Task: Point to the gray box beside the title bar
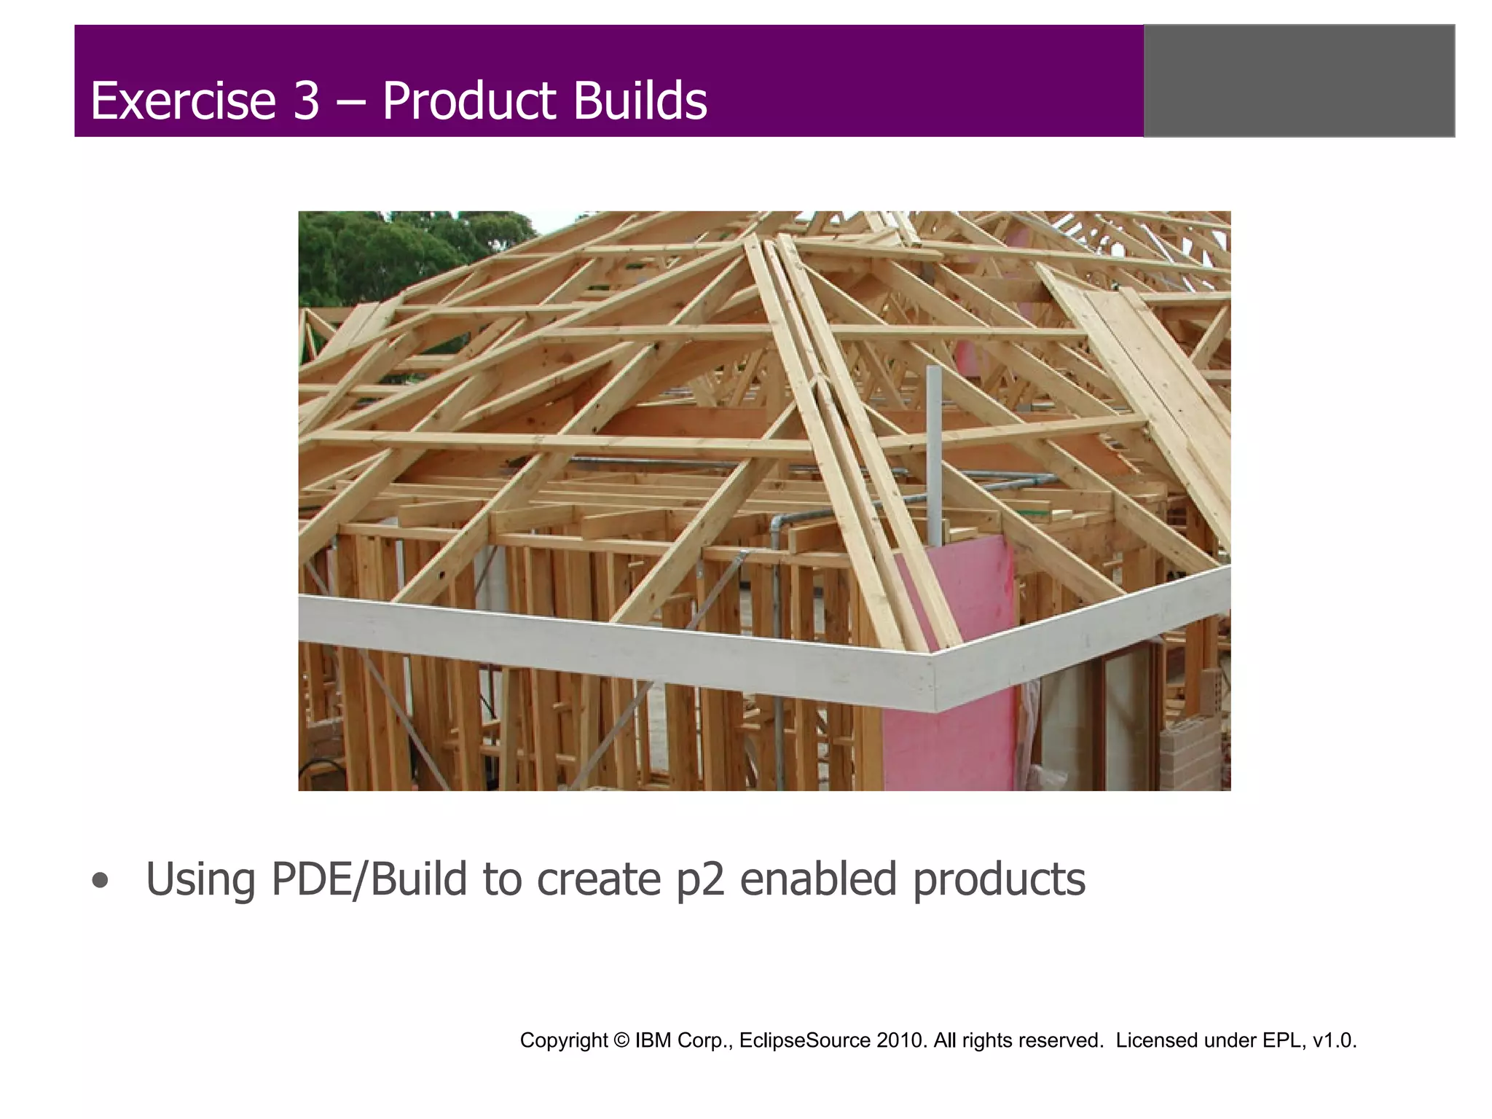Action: coord(1299,81)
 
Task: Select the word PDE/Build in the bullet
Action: coord(369,879)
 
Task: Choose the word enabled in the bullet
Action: coord(818,879)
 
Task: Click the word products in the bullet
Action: coord(999,879)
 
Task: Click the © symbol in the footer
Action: coord(621,1040)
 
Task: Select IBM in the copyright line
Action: coord(653,1040)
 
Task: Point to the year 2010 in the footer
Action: coord(902,1040)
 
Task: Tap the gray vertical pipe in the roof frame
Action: coord(934,452)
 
